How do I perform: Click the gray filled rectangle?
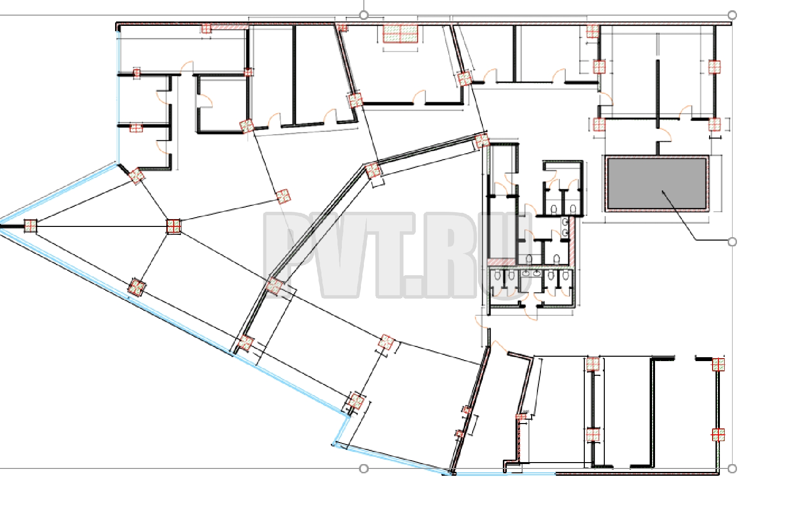click(x=656, y=183)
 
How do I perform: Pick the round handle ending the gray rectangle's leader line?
click(x=732, y=242)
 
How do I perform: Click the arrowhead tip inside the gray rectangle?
click(x=661, y=191)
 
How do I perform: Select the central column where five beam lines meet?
click(x=173, y=226)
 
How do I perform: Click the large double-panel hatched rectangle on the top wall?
click(x=400, y=34)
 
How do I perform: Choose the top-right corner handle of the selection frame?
click(x=732, y=15)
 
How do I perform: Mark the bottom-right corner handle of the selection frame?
click(x=732, y=469)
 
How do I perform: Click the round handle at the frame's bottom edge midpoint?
click(x=363, y=469)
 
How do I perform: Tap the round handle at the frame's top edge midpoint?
click(x=363, y=15)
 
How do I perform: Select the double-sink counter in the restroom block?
click(x=531, y=273)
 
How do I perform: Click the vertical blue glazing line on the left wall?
click(x=118, y=96)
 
